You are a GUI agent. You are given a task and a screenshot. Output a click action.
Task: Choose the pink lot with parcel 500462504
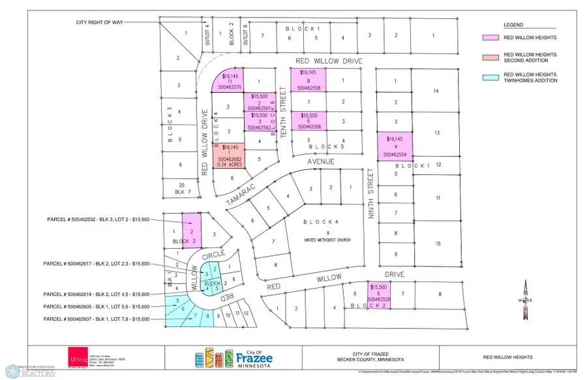396,146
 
